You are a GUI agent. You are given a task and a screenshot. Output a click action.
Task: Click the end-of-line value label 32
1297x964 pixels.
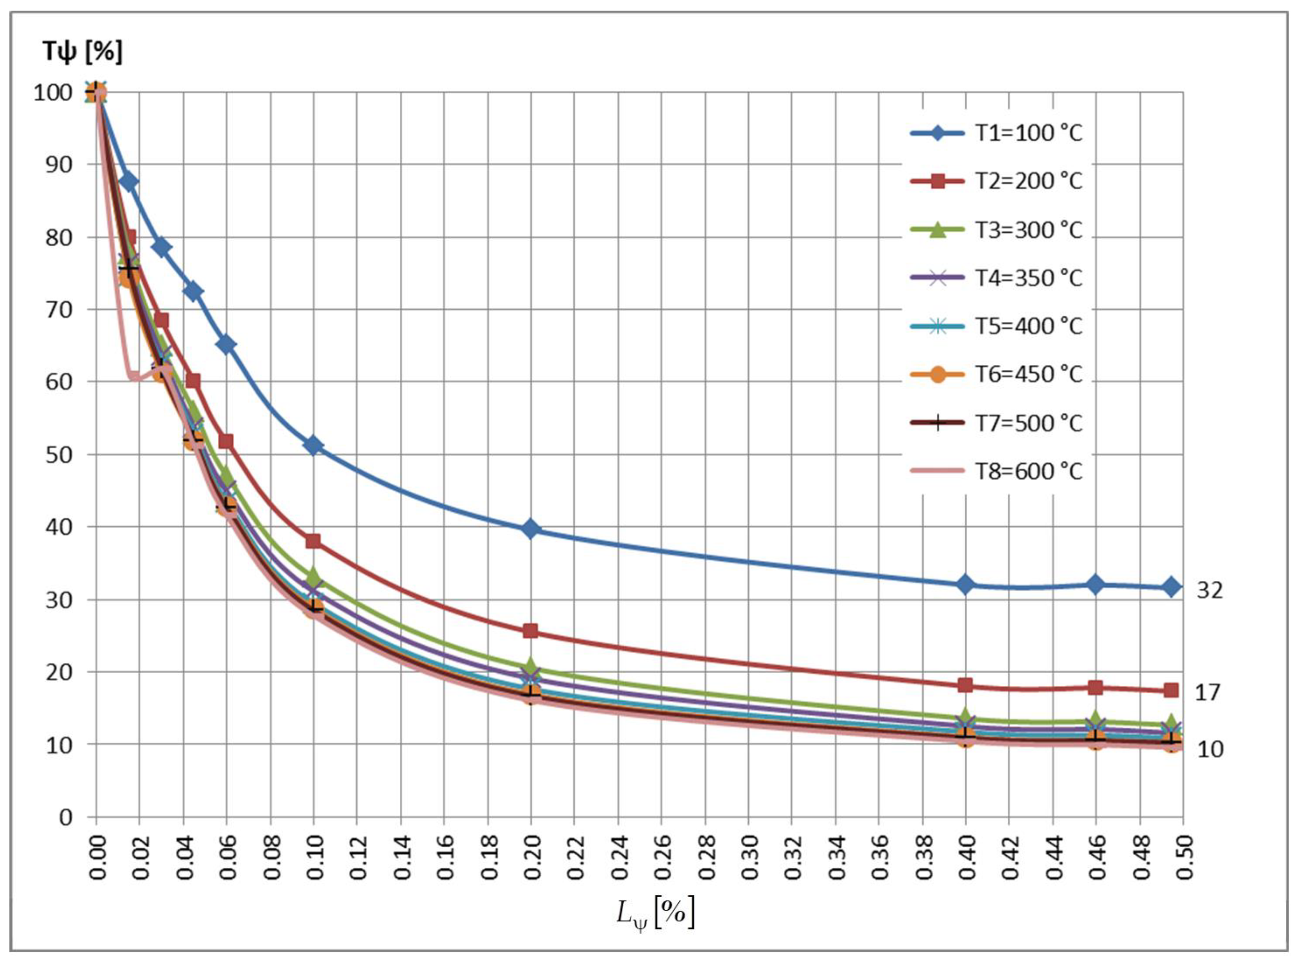1209,591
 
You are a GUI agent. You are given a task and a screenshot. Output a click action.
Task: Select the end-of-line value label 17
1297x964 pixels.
1208,693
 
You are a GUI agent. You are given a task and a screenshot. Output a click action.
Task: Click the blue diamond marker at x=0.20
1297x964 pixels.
531,529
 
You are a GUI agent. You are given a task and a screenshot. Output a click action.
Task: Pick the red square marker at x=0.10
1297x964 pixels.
313,541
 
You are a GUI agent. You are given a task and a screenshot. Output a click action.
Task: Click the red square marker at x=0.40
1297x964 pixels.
966,685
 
